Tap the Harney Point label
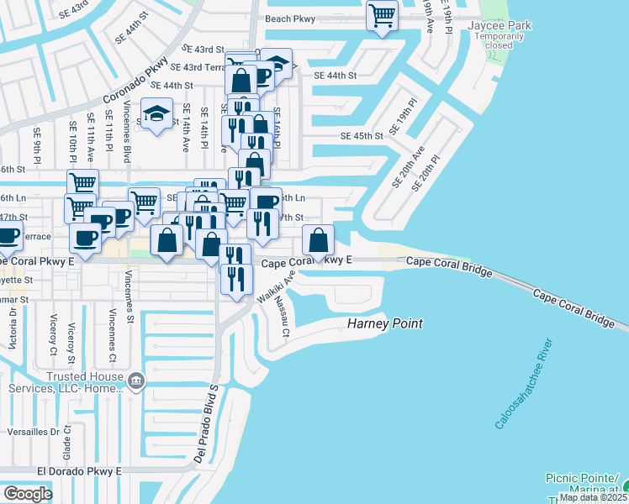pyautogui.click(x=385, y=324)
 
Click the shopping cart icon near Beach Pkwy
pyautogui.click(x=383, y=16)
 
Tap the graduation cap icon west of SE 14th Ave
pyautogui.click(x=156, y=115)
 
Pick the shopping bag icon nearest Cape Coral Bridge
pyautogui.click(x=318, y=241)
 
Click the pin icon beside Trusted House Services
pyautogui.click(x=136, y=384)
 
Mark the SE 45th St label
pyautogui.click(x=362, y=136)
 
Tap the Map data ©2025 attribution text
pyautogui.click(x=593, y=497)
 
